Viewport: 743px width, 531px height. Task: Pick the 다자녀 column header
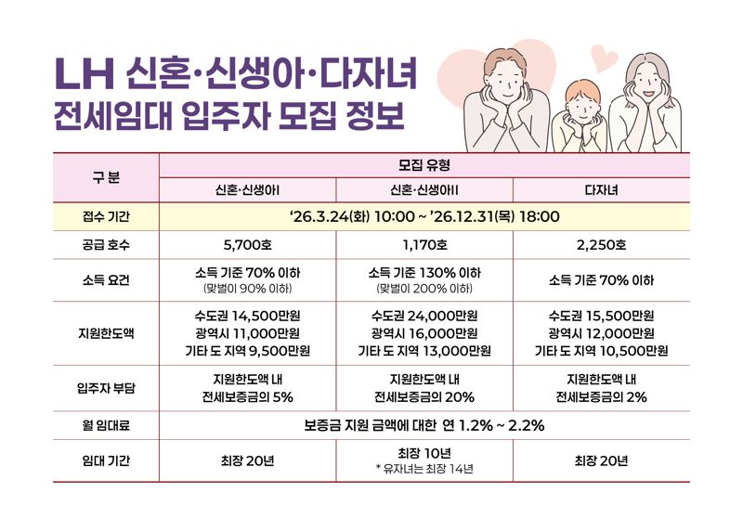click(x=601, y=189)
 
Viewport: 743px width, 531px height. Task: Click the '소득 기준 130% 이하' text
click(x=424, y=273)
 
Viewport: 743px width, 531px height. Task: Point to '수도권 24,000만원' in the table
click(x=424, y=315)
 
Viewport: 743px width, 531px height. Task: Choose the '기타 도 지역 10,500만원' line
click(x=601, y=351)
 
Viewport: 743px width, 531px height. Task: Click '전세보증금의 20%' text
click(x=424, y=397)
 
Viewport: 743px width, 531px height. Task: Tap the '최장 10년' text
click(x=424, y=453)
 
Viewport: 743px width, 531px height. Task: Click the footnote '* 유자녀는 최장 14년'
click(x=424, y=469)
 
